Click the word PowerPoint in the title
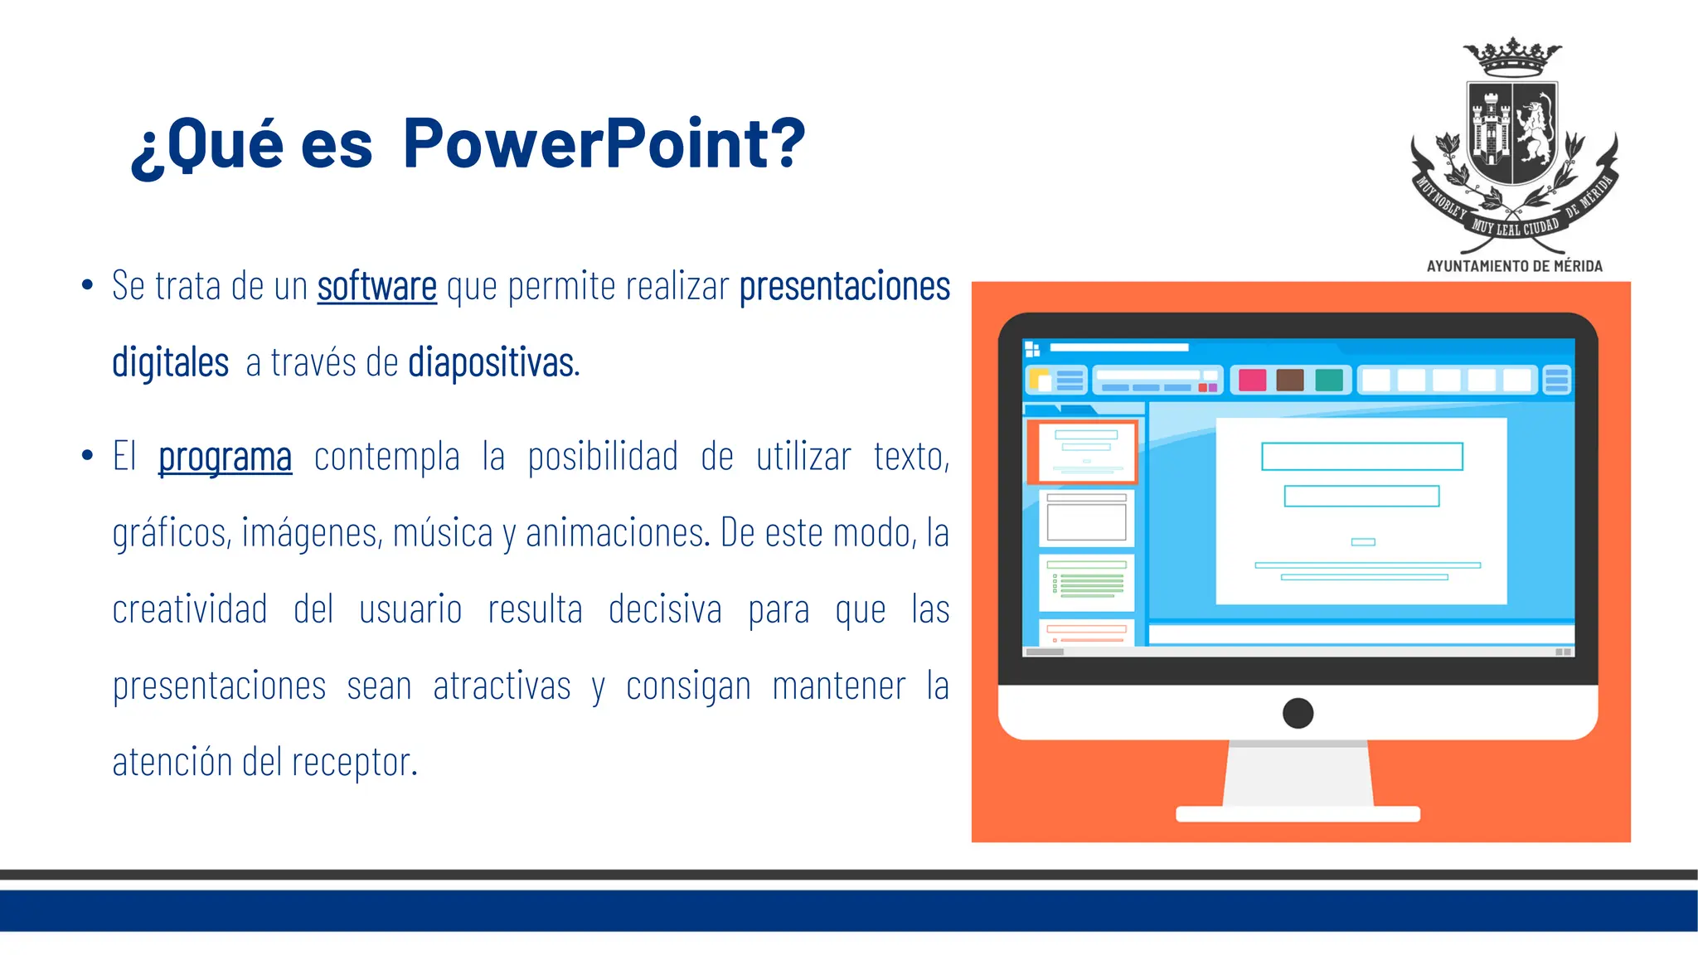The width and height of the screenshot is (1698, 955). [604, 143]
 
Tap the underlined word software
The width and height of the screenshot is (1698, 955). [376, 287]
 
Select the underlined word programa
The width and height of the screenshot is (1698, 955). [225, 457]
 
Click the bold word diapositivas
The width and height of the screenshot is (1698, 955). [492, 363]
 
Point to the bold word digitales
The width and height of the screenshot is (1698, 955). [170, 363]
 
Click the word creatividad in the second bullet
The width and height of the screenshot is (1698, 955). [190, 609]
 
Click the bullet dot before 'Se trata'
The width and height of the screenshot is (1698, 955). [88, 286]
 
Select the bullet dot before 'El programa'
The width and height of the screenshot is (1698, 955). [88, 456]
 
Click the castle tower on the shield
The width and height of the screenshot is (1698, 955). [1490, 131]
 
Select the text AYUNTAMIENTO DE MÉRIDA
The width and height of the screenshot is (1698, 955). [1514, 266]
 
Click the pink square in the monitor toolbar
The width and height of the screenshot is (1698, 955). [1252, 381]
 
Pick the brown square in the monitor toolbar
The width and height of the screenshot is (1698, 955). [1290, 381]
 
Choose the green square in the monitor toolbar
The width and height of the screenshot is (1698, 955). [1328, 381]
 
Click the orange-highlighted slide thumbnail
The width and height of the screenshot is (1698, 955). [1083, 452]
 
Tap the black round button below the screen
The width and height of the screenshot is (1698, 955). [1298, 713]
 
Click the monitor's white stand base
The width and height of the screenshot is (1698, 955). [1298, 814]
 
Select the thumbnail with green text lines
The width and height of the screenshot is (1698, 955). [1086, 582]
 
